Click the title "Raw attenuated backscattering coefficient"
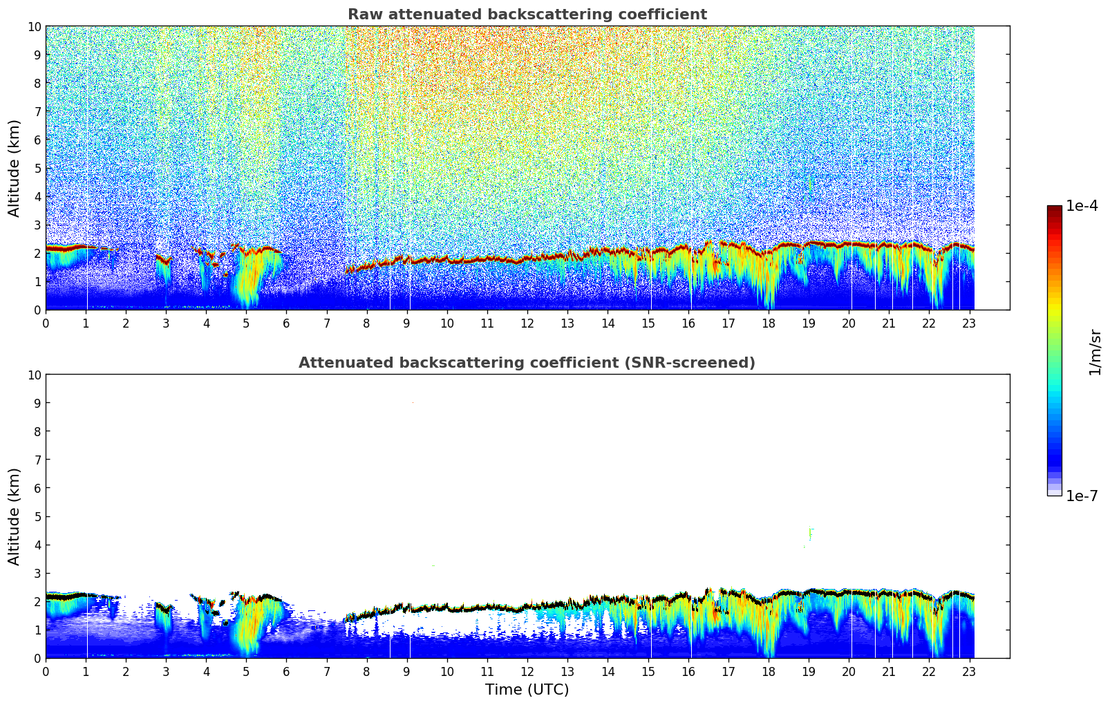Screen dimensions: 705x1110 pyautogui.click(x=527, y=15)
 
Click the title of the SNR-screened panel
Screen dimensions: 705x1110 pyautogui.click(x=527, y=363)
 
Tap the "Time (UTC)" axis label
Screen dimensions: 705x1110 pyautogui.click(x=527, y=690)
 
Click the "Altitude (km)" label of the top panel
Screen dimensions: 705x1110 pyautogui.click(x=15, y=168)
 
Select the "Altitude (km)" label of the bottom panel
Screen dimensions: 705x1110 pyautogui.click(x=15, y=516)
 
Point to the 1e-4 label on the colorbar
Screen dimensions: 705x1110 pyautogui.click(x=1082, y=206)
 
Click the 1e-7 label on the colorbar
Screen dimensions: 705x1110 pyautogui.click(x=1082, y=496)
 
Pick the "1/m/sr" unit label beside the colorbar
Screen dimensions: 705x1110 pyautogui.click(x=1095, y=351)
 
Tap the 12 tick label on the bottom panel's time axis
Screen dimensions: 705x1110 pyautogui.click(x=527, y=672)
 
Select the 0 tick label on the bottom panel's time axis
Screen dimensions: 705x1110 pyautogui.click(x=46, y=672)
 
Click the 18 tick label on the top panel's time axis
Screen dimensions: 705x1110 pyautogui.click(x=768, y=323)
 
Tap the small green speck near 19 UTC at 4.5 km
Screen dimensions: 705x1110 pyautogui.click(x=810, y=533)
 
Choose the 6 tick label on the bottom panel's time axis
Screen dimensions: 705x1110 pyautogui.click(x=287, y=672)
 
